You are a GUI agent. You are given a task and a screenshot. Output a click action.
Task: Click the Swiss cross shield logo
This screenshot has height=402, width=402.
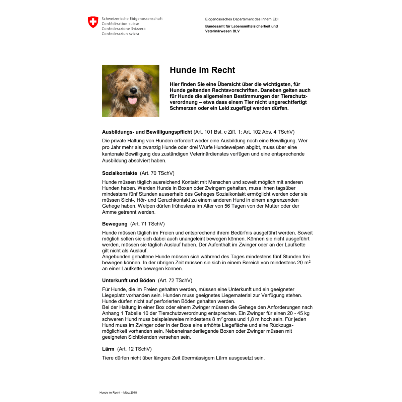(x=93, y=22)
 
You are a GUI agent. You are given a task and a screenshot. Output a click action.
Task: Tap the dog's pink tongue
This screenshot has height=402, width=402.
(x=133, y=100)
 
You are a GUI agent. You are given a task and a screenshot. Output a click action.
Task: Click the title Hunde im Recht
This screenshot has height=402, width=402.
(x=202, y=70)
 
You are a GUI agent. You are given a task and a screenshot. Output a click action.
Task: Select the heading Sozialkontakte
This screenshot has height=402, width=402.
(x=120, y=173)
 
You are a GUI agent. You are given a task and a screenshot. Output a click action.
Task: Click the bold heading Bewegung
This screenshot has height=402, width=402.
(x=115, y=224)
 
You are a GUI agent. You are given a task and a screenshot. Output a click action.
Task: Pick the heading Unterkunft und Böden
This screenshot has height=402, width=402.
(x=128, y=280)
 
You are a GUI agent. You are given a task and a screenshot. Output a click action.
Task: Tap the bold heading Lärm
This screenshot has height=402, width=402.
(x=108, y=349)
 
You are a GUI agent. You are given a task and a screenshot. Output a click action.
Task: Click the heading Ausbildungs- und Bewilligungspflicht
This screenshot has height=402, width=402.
(x=147, y=132)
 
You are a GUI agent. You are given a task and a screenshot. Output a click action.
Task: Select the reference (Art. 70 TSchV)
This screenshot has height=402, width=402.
(x=157, y=173)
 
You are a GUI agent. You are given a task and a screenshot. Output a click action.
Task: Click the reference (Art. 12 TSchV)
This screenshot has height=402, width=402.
(x=134, y=349)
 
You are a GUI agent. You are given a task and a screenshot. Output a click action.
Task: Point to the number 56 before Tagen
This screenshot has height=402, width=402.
(x=227, y=206)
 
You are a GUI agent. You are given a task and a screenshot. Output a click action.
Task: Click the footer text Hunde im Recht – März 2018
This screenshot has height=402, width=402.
(x=118, y=393)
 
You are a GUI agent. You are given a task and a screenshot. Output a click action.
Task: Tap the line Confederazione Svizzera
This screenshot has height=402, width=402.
(x=123, y=29)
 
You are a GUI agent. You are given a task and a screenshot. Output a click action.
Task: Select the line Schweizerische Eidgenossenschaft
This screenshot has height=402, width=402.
(x=132, y=19)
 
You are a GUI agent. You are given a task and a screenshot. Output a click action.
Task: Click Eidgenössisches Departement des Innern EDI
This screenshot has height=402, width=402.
(x=242, y=19)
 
